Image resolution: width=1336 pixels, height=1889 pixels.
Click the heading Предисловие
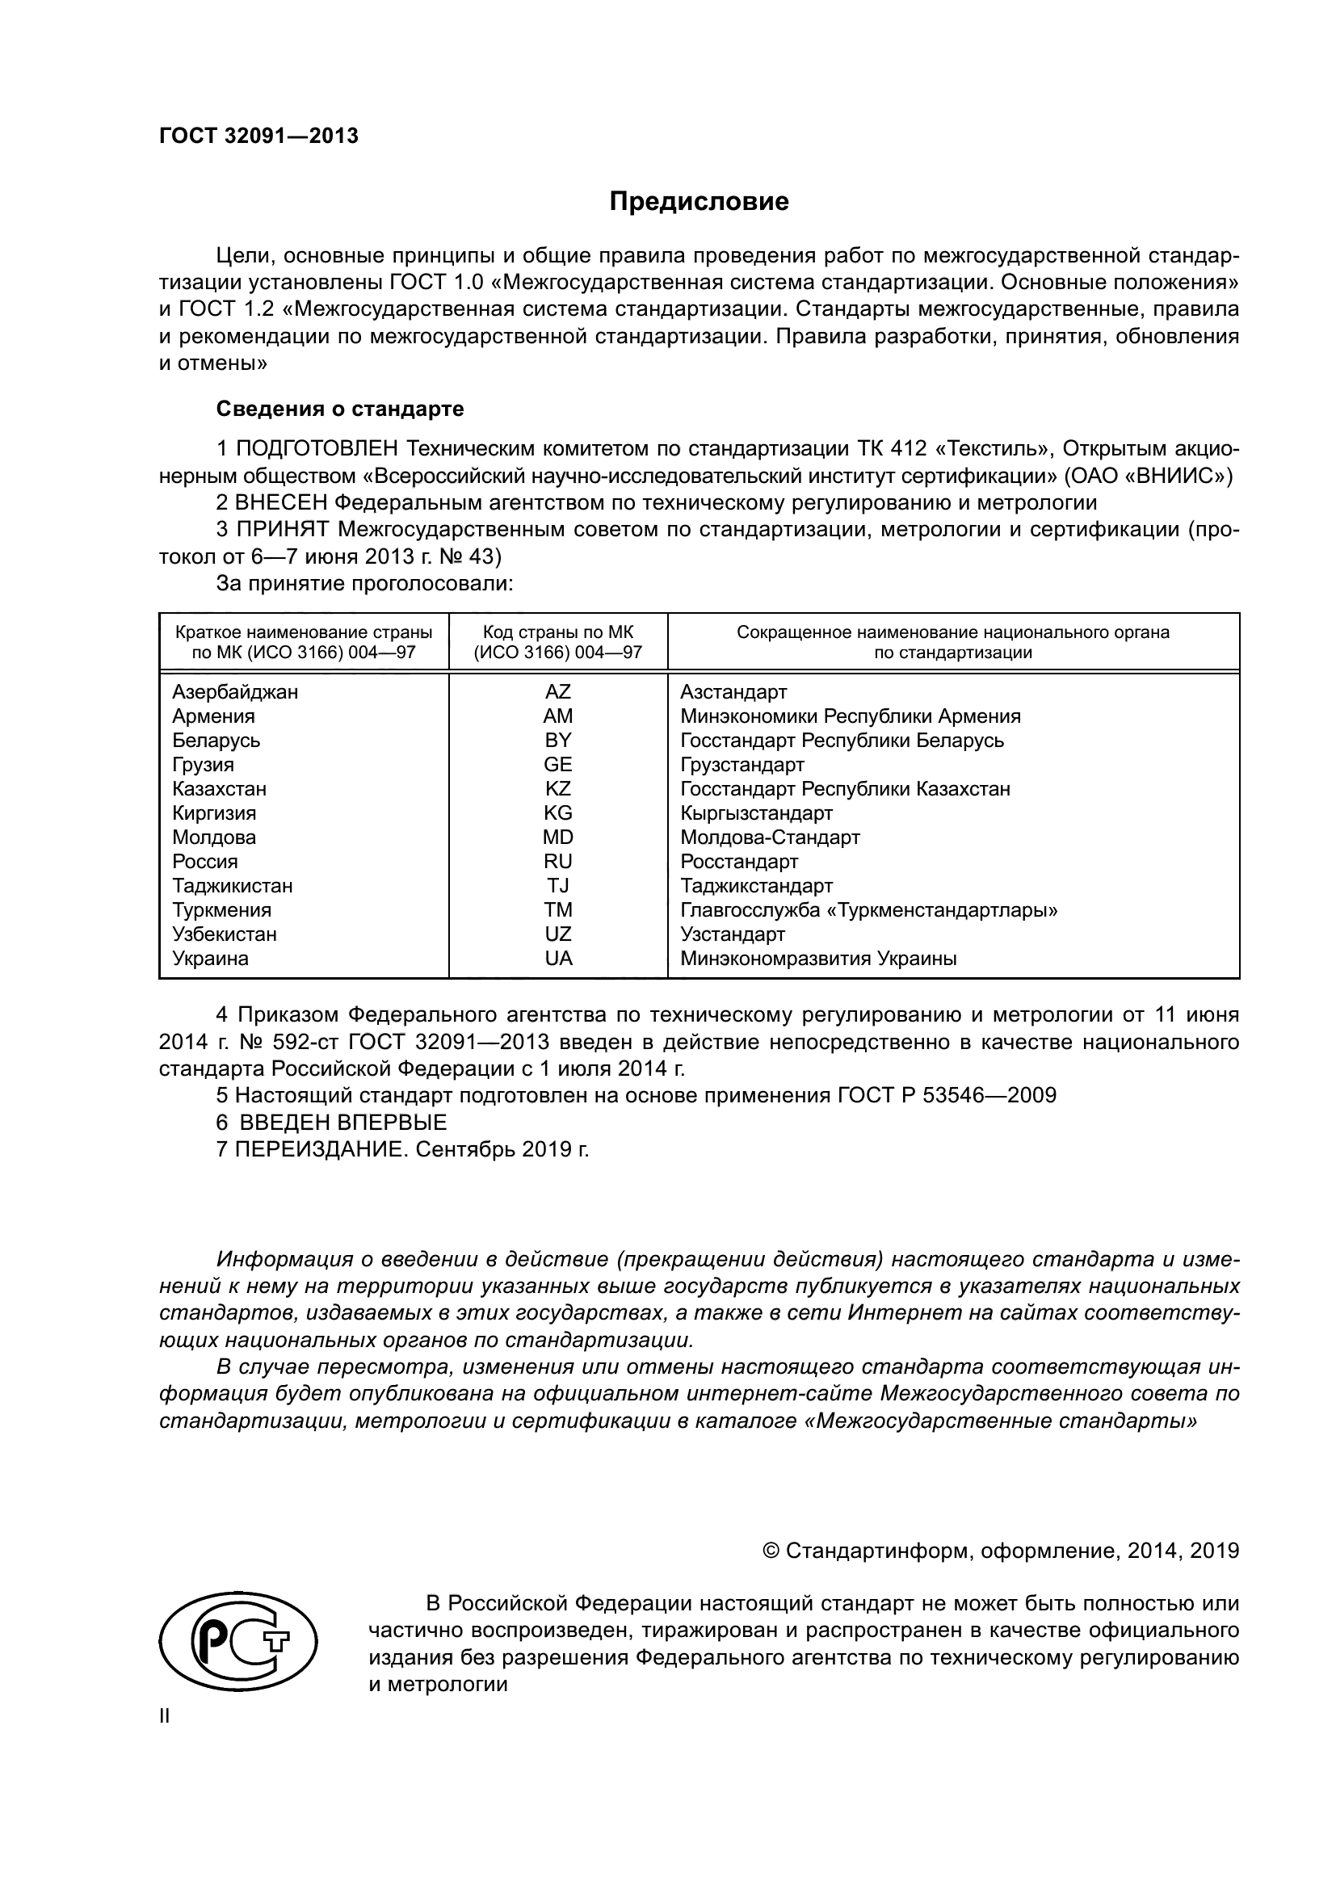point(699,202)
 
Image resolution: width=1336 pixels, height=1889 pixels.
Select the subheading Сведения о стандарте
point(340,409)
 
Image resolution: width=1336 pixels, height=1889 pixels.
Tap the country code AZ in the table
point(558,692)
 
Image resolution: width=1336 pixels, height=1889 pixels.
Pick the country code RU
point(558,862)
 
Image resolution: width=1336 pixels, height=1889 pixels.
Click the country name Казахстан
point(219,789)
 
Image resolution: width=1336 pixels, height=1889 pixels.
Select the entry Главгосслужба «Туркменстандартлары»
point(869,910)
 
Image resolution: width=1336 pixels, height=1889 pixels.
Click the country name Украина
point(210,959)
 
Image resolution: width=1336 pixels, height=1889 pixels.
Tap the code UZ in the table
point(558,934)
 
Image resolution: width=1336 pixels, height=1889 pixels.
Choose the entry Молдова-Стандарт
point(770,837)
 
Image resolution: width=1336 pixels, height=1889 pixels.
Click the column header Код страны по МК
point(558,632)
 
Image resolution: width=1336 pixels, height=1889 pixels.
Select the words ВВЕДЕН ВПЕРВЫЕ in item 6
point(343,1123)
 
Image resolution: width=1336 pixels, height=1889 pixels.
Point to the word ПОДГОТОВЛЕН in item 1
point(318,449)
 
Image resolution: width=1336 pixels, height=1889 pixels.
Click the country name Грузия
point(203,765)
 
